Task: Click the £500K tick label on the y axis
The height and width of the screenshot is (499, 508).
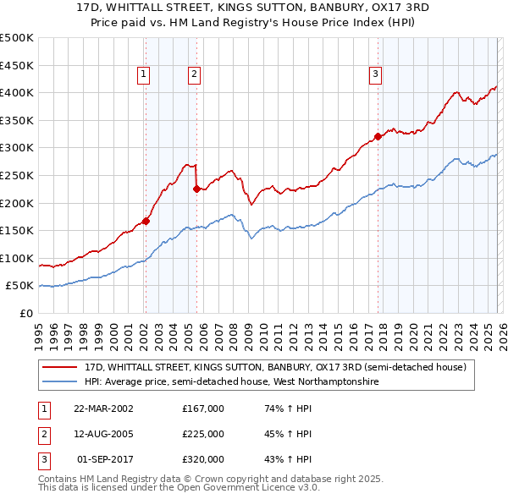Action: click(17, 38)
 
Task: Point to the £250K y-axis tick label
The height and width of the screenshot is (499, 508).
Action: click(17, 175)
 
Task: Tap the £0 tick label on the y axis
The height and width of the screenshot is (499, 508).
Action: click(25, 313)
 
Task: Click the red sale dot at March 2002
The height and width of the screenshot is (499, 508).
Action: click(146, 222)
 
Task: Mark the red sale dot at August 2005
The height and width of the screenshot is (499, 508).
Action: click(196, 189)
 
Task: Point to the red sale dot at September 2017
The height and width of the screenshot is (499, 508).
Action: click(378, 137)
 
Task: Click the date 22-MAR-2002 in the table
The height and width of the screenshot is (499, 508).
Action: click(103, 408)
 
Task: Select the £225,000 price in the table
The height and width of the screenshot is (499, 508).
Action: click(203, 434)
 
